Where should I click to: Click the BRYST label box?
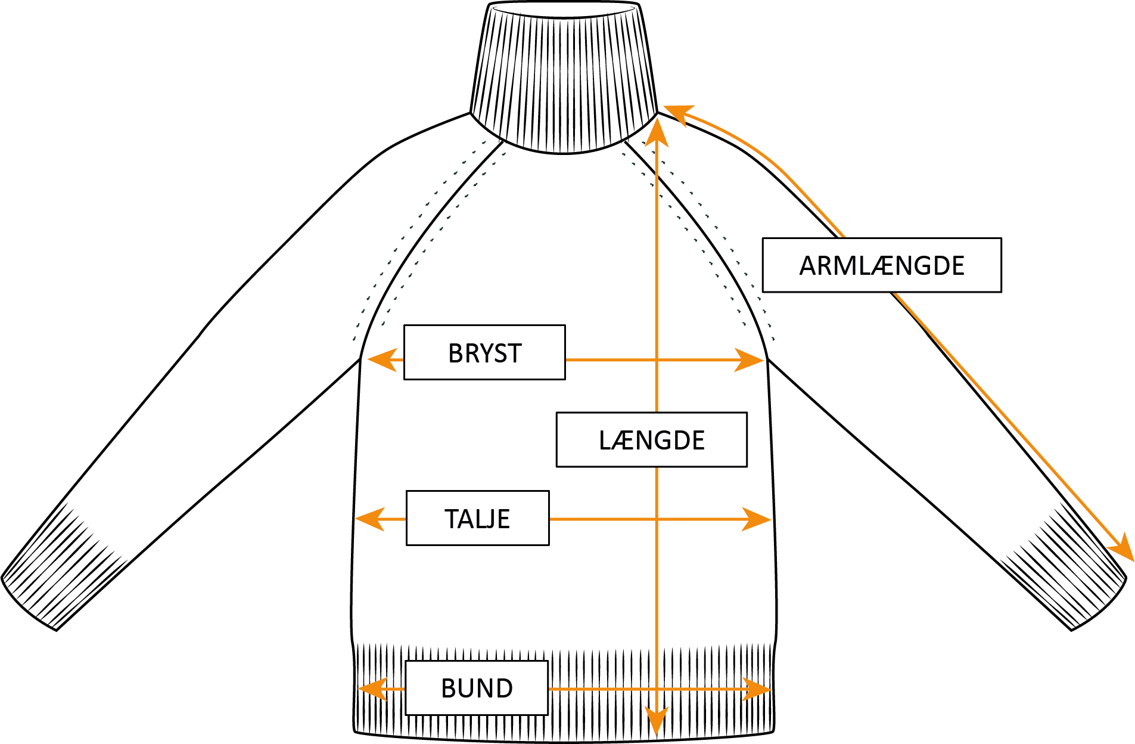(x=484, y=352)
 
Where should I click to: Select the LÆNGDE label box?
(x=651, y=439)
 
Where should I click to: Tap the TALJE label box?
(x=477, y=518)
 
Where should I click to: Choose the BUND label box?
(x=477, y=688)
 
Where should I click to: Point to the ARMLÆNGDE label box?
(x=881, y=265)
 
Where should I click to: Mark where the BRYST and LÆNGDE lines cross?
(x=657, y=360)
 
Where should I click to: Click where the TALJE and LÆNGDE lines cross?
(x=657, y=519)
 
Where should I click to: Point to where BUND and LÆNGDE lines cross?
(x=657, y=689)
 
